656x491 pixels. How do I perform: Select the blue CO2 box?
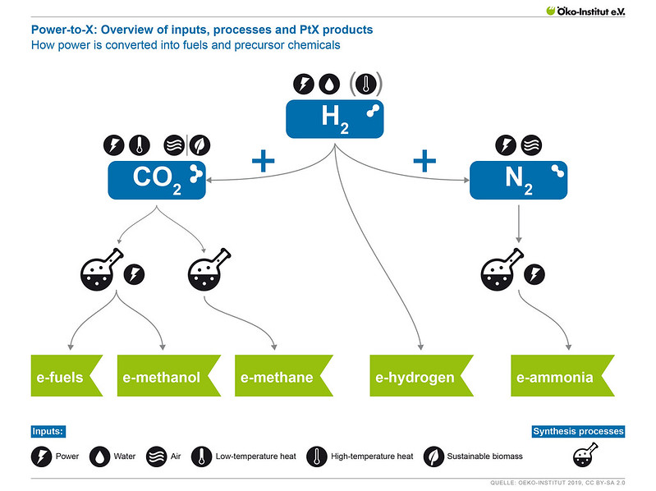(157, 179)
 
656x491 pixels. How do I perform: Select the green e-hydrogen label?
(417, 378)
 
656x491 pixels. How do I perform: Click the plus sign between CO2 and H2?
(263, 159)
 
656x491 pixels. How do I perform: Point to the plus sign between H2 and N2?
(424, 159)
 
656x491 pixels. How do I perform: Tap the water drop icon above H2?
(329, 84)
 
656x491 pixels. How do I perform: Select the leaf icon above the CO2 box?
(200, 145)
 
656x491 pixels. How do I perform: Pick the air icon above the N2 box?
(531, 145)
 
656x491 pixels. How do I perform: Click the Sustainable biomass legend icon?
(434, 457)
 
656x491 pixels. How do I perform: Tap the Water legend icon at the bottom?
(99, 457)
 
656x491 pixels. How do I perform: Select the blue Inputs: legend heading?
(48, 431)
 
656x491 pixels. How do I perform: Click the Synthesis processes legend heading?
(578, 431)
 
